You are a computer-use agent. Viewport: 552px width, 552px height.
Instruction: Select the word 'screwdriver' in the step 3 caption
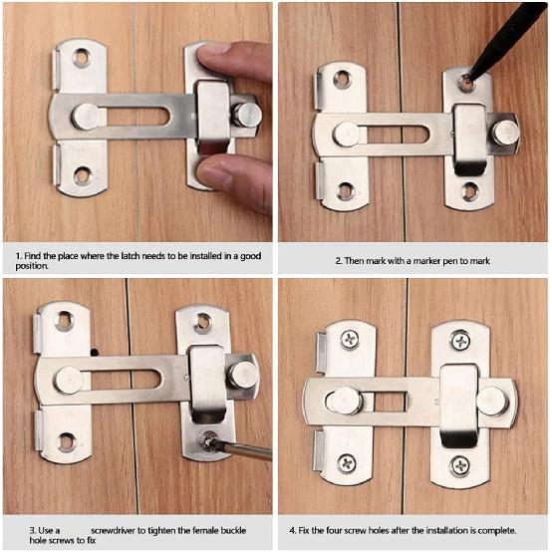point(118,529)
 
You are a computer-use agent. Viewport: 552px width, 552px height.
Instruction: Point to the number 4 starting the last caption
point(291,529)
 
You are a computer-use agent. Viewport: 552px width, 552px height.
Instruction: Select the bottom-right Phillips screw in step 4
point(460,464)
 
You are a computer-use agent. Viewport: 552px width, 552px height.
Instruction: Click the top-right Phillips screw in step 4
point(460,341)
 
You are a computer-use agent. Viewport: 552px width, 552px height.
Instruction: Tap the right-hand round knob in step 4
point(491,401)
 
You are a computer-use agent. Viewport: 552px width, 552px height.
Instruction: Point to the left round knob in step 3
point(68,379)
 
